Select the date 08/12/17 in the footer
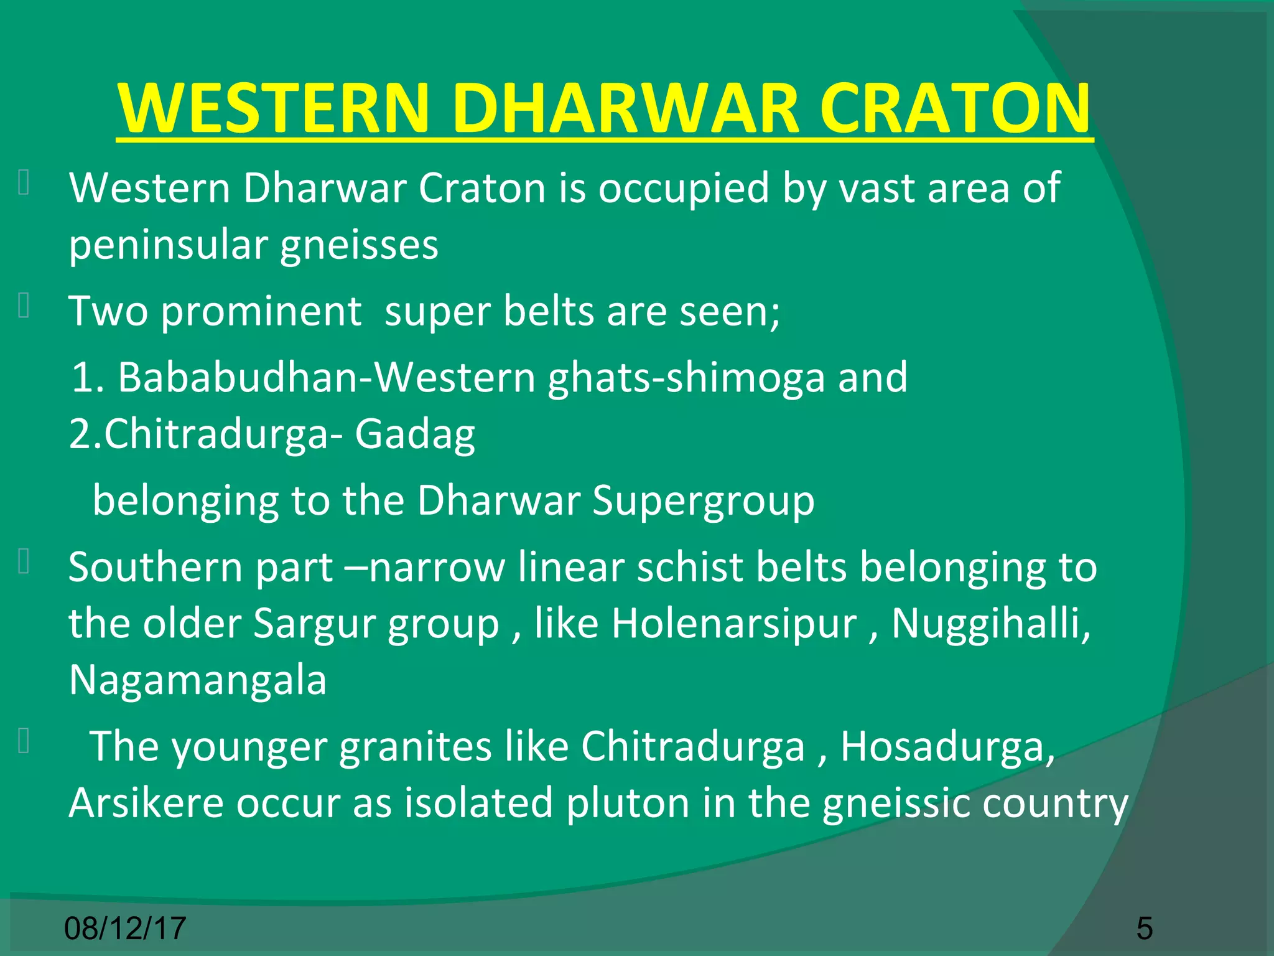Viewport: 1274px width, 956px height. [x=125, y=928]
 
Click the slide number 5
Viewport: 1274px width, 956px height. [x=1145, y=928]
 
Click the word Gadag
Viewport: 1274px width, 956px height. [x=415, y=434]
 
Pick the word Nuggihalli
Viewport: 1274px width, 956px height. [x=990, y=624]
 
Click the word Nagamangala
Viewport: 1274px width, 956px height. [x=198, y=680]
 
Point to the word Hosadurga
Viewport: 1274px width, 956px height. [x=947, y=746]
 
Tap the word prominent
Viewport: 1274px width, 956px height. [x=261, y=311]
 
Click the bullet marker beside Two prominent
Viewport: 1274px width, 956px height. [x=24, y=306]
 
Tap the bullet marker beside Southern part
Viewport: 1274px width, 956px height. [x=24, y=561]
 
